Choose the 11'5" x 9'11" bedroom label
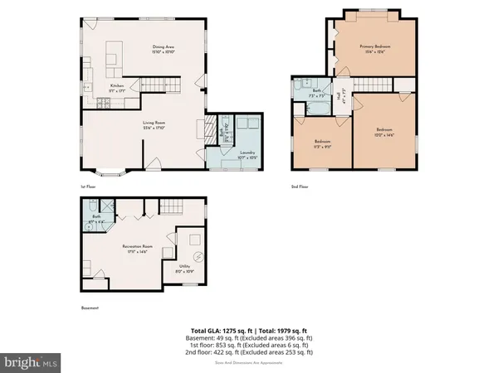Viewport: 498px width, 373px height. pyautogui.click(x=323, y=143)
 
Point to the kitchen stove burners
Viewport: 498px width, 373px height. pyautogui.click(x=102, y=103)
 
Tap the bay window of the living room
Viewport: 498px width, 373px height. pyautogui.click(x=109, y=173)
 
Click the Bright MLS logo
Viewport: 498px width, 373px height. pyautogui.click(x=32, y=362)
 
